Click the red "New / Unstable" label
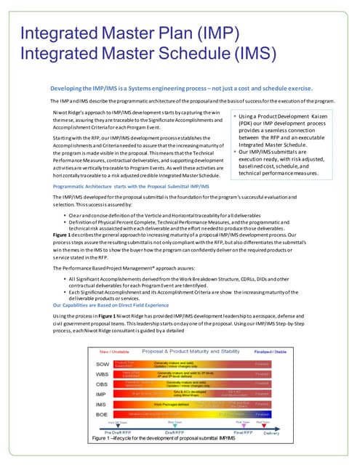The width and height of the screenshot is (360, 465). (108, 351)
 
